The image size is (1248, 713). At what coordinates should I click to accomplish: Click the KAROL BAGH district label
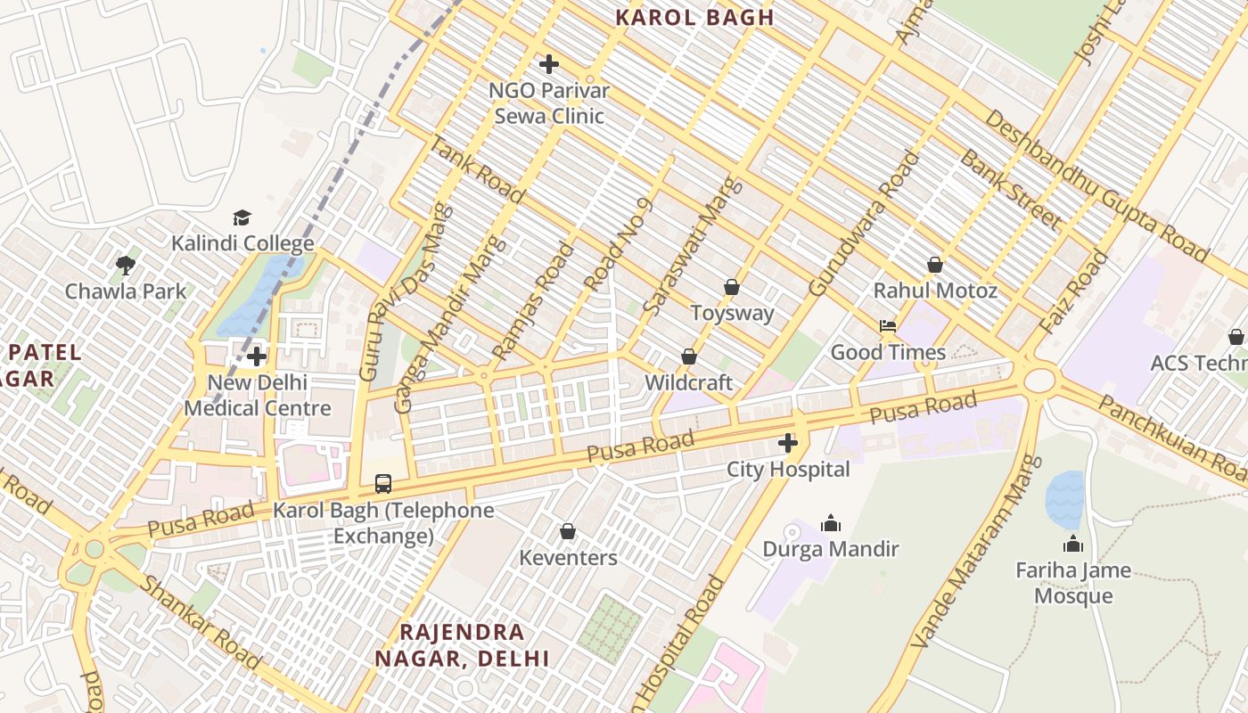pyautogui.click(x=694, y=17)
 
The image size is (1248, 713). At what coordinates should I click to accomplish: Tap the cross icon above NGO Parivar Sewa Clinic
pyautogui.click(x=549, y=64)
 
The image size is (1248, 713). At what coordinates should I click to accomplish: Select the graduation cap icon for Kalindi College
pyautogui.click(x=242, y=218)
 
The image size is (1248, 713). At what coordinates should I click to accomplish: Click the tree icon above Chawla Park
pyautogui.click(x=126, y=265)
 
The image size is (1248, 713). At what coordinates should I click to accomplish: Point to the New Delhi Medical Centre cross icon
pyautogui.click(x=257, y=356)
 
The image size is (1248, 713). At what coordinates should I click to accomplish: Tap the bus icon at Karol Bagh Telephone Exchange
pyautogui.click(x=383, y=484)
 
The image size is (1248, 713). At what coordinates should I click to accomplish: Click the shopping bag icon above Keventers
pyautogui.click(x=568, y=532)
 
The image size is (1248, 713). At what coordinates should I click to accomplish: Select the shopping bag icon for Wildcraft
pyautogui.click(x=689, y=356)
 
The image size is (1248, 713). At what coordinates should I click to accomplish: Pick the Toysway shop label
pyautogui.click(x=733, y=313)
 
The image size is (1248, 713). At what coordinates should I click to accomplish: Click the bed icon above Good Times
pyautogui.click(x=888, y=326)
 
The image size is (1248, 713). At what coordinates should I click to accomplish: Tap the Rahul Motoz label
pyautogui.click(x=935, y=291)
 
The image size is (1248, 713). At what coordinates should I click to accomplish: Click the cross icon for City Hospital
pyautogui.click(x=788, y=443)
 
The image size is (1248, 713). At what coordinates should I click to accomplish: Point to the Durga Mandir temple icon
pyautogui.click(x=831, y=523)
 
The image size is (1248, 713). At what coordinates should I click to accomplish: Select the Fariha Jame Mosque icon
pyautogui.click(x=1073, y=544)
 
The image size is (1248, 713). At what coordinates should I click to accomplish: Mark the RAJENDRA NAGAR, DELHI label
pyautogui.click(x=462, y=645)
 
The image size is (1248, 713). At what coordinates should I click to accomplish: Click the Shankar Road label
pyautogui.click(x=201, y=622)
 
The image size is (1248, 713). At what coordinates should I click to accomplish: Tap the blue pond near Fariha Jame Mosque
pyautogui.click(x=1064, y=499)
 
